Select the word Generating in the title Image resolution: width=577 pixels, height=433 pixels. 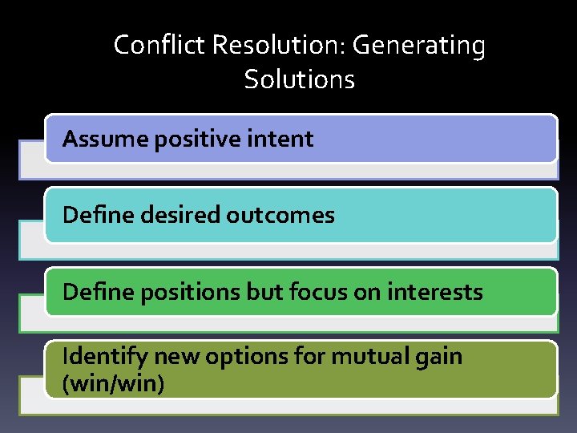pos(419,46)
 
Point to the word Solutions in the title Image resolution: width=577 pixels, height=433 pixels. pos(299,79)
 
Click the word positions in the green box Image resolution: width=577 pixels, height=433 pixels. pos(180,292)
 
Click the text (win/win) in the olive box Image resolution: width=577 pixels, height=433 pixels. pos(113,384)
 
